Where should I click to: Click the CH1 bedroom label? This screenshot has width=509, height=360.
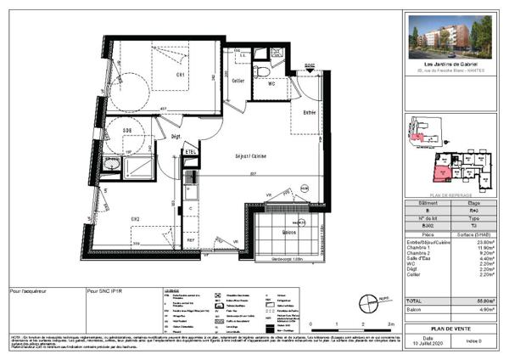181,76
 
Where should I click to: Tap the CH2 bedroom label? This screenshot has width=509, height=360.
135,219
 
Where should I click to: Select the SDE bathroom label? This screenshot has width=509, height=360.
127,130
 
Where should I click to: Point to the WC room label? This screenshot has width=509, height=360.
273,84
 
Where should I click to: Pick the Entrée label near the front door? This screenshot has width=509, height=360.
310,112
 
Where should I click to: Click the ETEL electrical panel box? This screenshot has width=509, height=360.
192,151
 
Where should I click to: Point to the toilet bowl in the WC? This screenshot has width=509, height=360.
264,70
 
